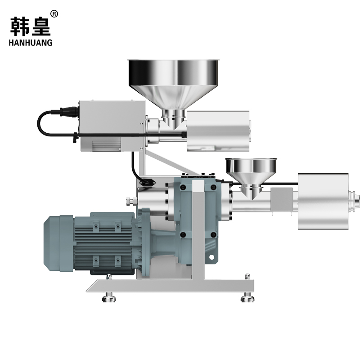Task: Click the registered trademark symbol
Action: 54,14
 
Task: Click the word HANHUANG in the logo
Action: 31,43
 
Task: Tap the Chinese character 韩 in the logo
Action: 19,26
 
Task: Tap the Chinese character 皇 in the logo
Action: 41,26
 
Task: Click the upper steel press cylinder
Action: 218,131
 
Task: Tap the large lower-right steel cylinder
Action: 323,201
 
